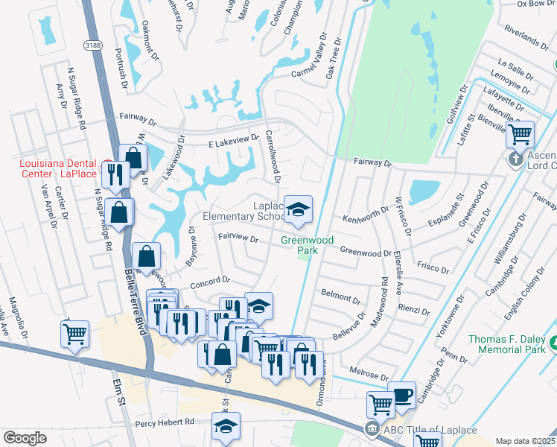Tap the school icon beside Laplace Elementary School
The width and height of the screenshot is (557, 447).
[298, 209]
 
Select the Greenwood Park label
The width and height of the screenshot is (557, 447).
[299, 245]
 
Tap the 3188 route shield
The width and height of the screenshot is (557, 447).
[93, 45]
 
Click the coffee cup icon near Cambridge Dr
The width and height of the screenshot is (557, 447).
[403, 395]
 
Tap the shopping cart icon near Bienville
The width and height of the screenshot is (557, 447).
[520, 135]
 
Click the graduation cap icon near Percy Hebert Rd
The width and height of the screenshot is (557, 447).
[225, 426]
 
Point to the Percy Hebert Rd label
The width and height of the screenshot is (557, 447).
[164, 422]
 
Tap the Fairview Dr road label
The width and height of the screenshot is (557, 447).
[238, 239]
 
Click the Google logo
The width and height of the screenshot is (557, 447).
[25, 438]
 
